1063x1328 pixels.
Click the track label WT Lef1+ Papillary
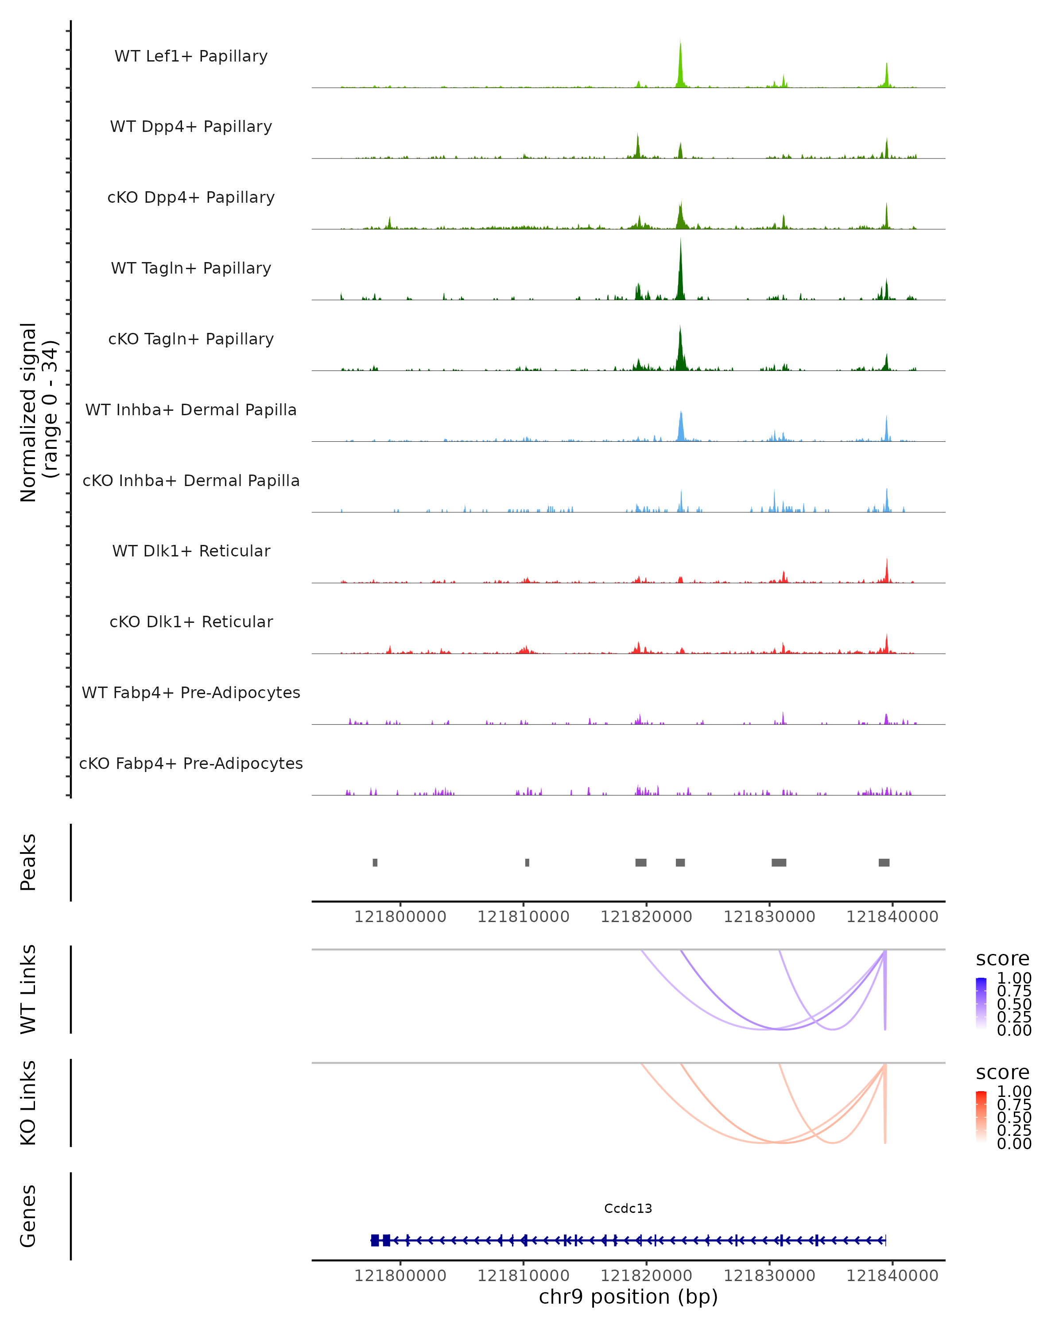tap(191, 56)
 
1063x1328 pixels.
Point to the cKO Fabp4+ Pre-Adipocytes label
tap(191, 763)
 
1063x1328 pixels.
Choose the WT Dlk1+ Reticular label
tap(191, 551)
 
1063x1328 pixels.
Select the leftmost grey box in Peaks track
tap(375, 862)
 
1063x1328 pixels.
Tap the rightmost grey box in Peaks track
tap(884, 862)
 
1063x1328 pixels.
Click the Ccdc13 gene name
tap(628, 1208)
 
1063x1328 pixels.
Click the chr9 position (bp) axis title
tap(628, 1297)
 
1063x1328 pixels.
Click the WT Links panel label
tap(28, 989)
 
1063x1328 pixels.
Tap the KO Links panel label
tap(28, 1103)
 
